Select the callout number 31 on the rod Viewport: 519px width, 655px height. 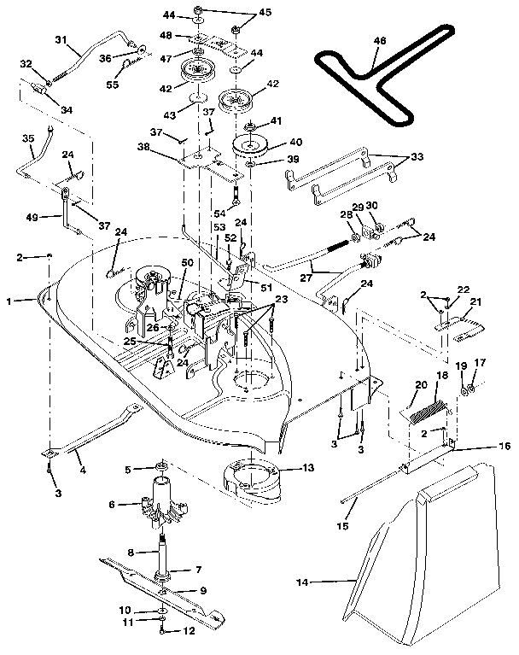point(61,39)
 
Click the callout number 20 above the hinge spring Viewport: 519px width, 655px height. point(419,384)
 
